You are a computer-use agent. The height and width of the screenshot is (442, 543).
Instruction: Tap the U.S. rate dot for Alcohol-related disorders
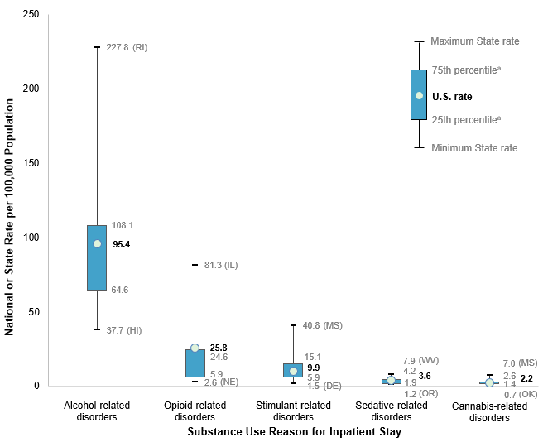(97, 243)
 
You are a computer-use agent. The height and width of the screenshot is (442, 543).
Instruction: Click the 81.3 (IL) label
(221, 265)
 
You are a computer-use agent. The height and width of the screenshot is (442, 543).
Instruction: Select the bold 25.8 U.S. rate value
(219, 348)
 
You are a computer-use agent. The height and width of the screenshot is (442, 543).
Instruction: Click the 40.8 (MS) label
(322, 325)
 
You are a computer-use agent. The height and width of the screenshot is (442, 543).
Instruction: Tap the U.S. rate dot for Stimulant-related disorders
(293, 371)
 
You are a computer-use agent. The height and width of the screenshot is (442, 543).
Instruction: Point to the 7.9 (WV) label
(420, 361)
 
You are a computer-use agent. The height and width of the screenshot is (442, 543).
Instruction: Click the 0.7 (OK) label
(521, 395)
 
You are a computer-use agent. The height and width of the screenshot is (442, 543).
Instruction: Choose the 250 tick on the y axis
(31, 15)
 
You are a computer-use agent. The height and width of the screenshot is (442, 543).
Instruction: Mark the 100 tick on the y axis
(31, 238)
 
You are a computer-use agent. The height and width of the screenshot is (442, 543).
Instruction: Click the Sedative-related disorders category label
(391, 411)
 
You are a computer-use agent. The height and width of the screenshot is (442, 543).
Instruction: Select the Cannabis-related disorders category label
(488, 411)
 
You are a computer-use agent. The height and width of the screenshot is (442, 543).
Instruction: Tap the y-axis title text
(10, 217)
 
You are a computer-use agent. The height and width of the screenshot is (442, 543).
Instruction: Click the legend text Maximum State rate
(475, 41)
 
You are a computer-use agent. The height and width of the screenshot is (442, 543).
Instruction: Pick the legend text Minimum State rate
(474, 148)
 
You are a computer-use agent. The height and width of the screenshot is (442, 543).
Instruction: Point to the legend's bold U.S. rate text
(452, 97)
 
